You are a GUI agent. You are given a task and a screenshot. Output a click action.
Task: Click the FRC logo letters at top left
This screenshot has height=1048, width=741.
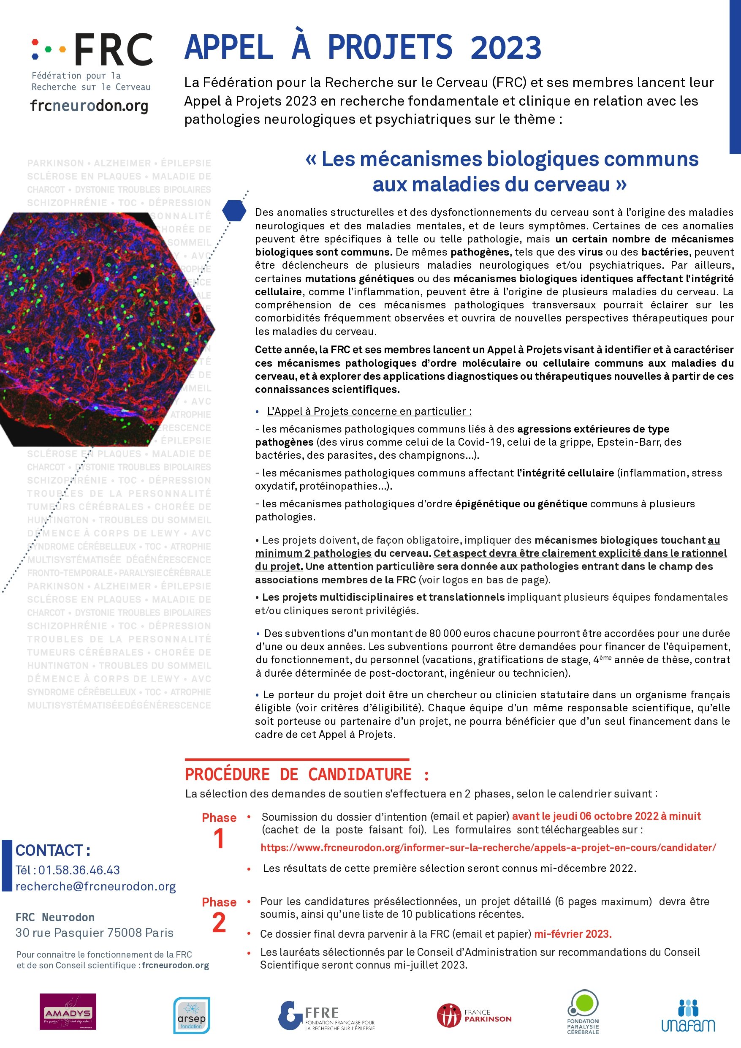pos(113,49)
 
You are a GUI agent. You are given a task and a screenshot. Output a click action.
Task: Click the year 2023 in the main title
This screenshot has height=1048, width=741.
pos(505,47)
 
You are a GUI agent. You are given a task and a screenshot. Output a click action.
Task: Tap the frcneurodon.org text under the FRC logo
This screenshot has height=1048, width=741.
pos(90,106)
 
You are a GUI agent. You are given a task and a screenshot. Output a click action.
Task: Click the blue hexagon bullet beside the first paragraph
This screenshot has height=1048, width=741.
pos(234,210)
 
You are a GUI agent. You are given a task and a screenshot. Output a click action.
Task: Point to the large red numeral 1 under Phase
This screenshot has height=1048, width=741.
pos(219,839)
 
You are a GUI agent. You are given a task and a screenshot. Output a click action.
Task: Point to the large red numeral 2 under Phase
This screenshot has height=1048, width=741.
pos(219,923)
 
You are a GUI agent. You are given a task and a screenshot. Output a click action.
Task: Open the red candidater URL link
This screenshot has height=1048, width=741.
pos(488,848)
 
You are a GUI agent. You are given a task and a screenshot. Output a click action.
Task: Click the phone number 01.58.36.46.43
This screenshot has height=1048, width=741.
pos(79,870)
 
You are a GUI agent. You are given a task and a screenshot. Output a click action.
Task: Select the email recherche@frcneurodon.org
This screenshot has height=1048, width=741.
pos(95,886)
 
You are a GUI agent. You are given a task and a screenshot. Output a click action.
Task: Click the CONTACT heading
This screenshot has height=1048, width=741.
pos(52,850)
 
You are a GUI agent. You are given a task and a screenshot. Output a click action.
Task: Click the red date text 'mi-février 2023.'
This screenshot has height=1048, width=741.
pos(573,934)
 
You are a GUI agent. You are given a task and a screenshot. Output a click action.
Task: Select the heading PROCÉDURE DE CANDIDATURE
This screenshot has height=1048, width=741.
pos(307,775)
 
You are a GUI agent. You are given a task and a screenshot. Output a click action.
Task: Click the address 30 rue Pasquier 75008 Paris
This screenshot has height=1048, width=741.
pos(95,933)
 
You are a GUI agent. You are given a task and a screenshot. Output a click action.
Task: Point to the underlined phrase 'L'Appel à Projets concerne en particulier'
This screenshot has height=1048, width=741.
pos(369,411)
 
